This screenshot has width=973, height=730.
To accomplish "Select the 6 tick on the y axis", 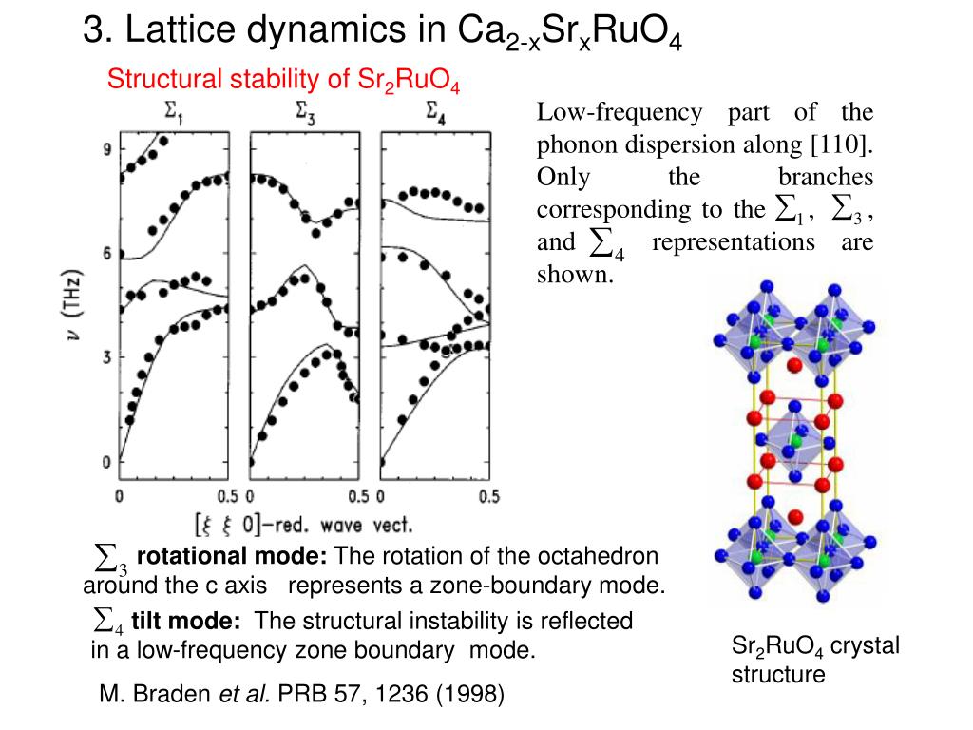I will point(107,253).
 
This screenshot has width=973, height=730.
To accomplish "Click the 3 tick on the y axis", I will point(107,357).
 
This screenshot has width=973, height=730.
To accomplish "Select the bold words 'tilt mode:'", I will point(186,621).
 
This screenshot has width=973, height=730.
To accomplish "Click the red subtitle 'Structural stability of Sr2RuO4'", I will point(283,80).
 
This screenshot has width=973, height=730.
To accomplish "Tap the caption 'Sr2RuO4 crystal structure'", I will point(814,660).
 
